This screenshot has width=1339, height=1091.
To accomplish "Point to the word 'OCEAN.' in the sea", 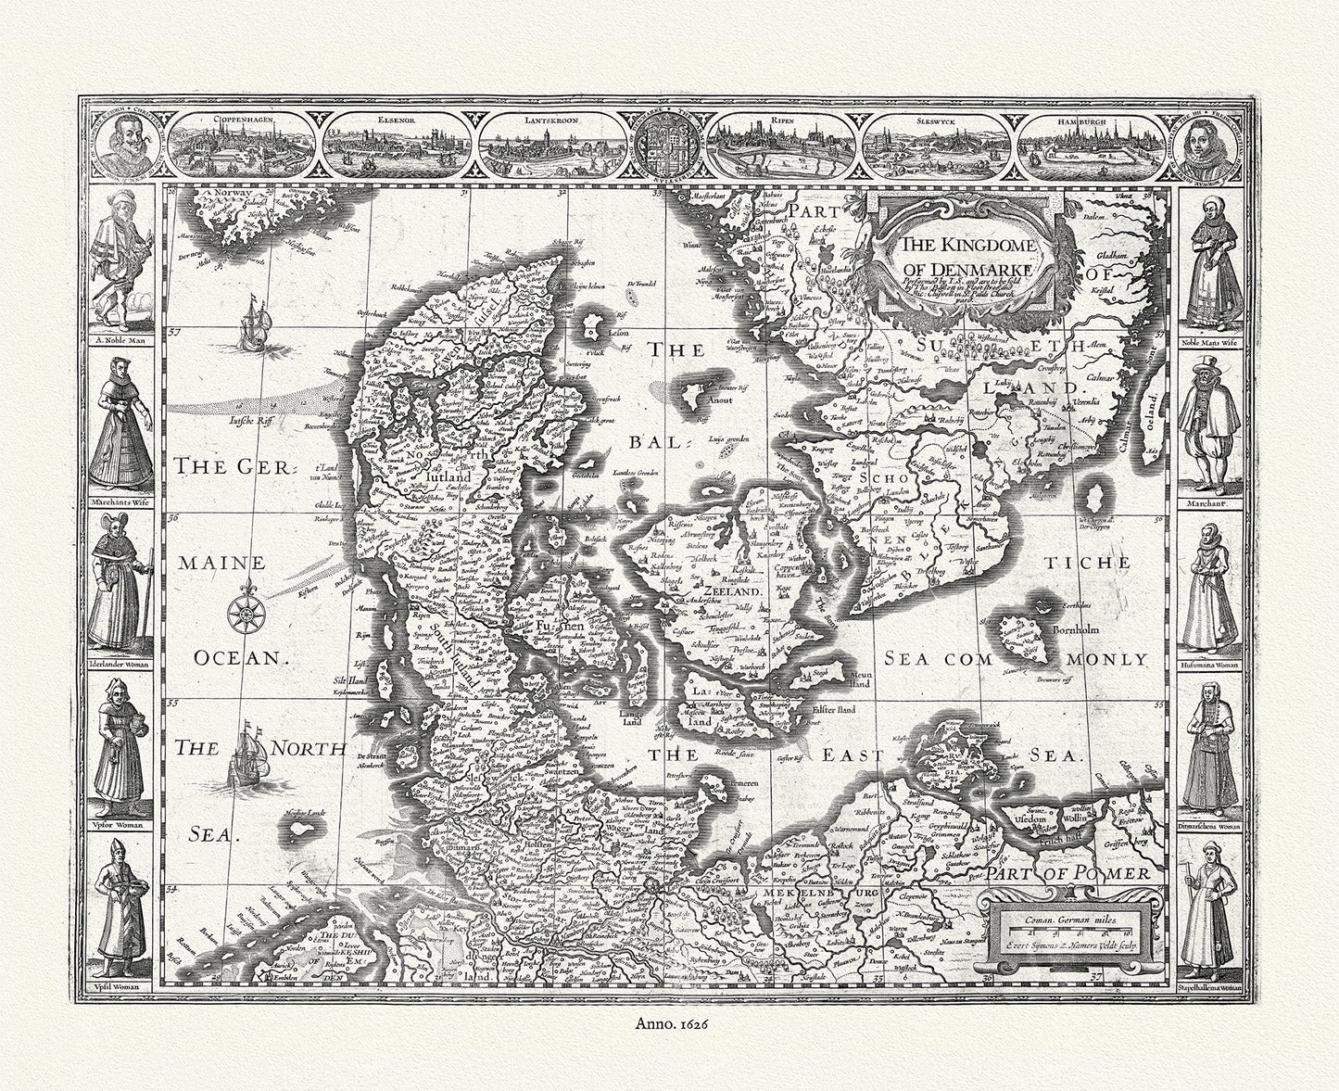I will coord(236,657).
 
